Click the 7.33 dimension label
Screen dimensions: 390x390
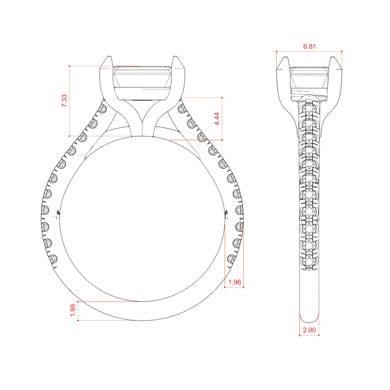pyautogui.click(x=64, y=101)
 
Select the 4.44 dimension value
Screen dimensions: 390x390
pyautogui.click(x=217, y=119)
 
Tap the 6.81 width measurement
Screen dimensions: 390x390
pyautogui.click(x=309, y=47)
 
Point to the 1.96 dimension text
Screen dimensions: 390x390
pyautogui.click(x=235, y=282)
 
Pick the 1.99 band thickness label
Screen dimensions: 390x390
pyautogui.click(x=73, y=311)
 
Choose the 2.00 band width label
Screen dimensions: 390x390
pyautogui.click(x=309, y=330)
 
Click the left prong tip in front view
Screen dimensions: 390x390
pyautogui.click(x=108, y=57)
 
